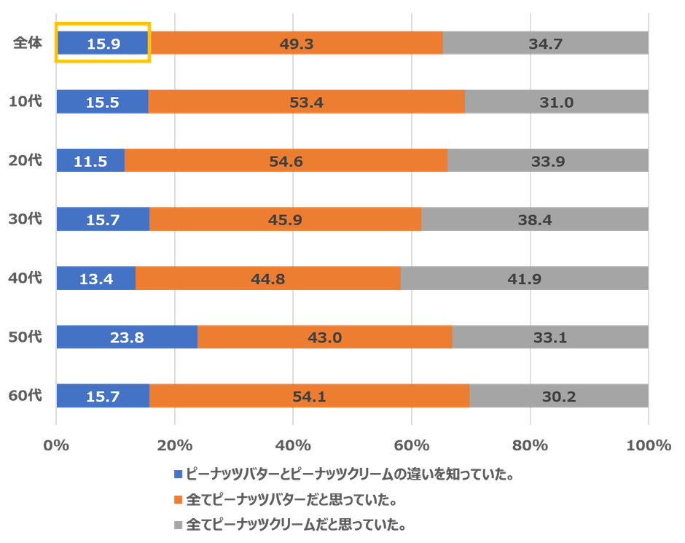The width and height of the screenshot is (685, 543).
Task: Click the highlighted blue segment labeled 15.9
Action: [x=103, y=43]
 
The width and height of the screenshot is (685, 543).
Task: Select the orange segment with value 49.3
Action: [x=297, y=43]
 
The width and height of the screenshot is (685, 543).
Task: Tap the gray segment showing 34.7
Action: [x=545, y=43]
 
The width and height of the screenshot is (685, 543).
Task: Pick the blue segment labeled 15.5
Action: [x=102, y=102]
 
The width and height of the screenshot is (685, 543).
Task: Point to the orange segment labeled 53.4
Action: [x=306, y=102]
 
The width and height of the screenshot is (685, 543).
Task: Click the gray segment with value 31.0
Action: [x=556, y=102]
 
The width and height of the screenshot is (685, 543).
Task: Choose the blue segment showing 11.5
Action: [x=90, y=161]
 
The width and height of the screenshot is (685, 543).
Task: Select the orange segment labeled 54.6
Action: [x=286, y=161]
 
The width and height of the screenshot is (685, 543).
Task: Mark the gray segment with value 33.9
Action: [x=547, y=161]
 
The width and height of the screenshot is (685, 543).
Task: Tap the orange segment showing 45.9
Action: [x=285, y=219]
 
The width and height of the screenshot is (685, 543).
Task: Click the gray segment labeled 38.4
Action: [x=534, y=219]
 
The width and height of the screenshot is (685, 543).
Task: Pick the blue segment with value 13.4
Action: [x=95, y=278]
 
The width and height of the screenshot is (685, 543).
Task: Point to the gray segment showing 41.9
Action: [x=524, y=278]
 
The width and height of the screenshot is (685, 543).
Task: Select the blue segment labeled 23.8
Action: [x=127, y=337]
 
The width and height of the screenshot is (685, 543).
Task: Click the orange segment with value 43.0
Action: [x=324, y=337]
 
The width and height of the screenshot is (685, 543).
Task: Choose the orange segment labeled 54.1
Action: [x=309, y=396]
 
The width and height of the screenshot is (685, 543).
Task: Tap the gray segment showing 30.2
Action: [x=558, y=396]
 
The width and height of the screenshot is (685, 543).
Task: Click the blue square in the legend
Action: [x=177, y=474]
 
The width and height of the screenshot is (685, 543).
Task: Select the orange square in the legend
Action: [x=177, y=500]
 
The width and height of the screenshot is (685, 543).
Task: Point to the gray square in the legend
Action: [x=177, y=525]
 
